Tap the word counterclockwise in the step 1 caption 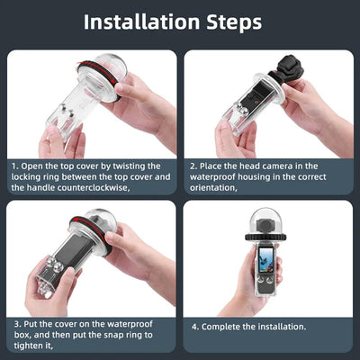[93, 189]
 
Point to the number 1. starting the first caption [14, 166]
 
